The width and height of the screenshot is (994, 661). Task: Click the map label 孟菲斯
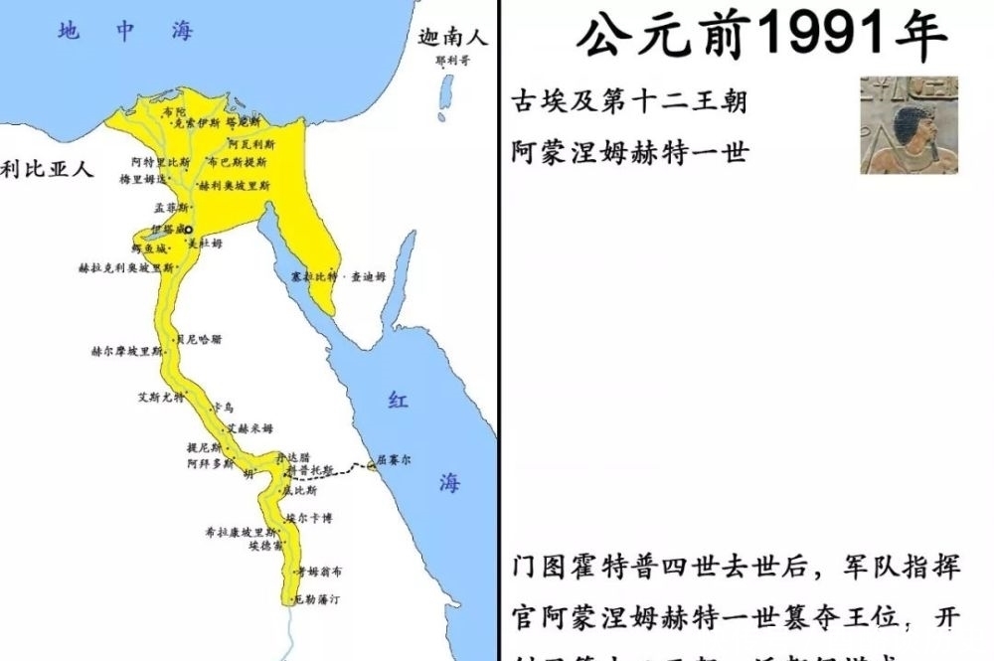170,209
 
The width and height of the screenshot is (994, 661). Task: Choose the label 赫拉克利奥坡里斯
125,268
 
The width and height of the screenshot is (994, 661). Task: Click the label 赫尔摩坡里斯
126,352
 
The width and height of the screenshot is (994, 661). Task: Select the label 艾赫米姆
249,428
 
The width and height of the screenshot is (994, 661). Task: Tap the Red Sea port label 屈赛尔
392,462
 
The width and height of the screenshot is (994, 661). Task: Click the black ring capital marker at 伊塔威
188,229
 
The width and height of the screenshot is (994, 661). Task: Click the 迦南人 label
452,40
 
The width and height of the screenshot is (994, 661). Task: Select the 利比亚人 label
47,169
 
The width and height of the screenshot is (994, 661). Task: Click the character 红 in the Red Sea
398,401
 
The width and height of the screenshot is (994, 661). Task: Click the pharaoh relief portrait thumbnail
909,124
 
